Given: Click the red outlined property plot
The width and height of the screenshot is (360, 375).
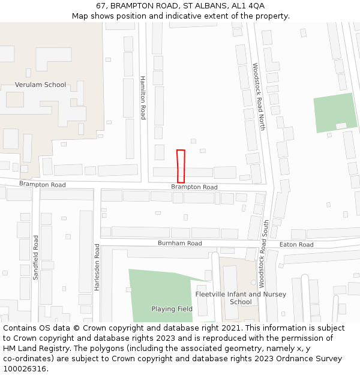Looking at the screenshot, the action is pos(181,166).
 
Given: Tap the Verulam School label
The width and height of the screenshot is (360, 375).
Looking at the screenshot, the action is pos(41,85).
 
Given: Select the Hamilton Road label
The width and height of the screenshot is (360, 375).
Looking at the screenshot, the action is pos(143,97).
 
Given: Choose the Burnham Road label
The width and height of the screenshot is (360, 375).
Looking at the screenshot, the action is pos(180,243).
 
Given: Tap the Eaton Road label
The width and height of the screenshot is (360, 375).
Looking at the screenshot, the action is pos(296,245).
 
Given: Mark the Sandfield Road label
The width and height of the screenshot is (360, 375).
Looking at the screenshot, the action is pos(35,257).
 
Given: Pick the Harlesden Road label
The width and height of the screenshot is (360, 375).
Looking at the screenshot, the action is pos(97,267).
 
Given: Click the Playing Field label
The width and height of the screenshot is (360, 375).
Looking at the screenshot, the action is pos(172,309).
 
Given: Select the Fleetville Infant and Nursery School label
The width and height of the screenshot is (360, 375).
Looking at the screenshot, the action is pos(241,298).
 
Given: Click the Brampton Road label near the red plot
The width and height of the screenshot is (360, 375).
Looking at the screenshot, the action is pos(194,187).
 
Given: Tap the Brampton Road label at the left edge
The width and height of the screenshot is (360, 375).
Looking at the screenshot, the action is pos(42,184).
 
